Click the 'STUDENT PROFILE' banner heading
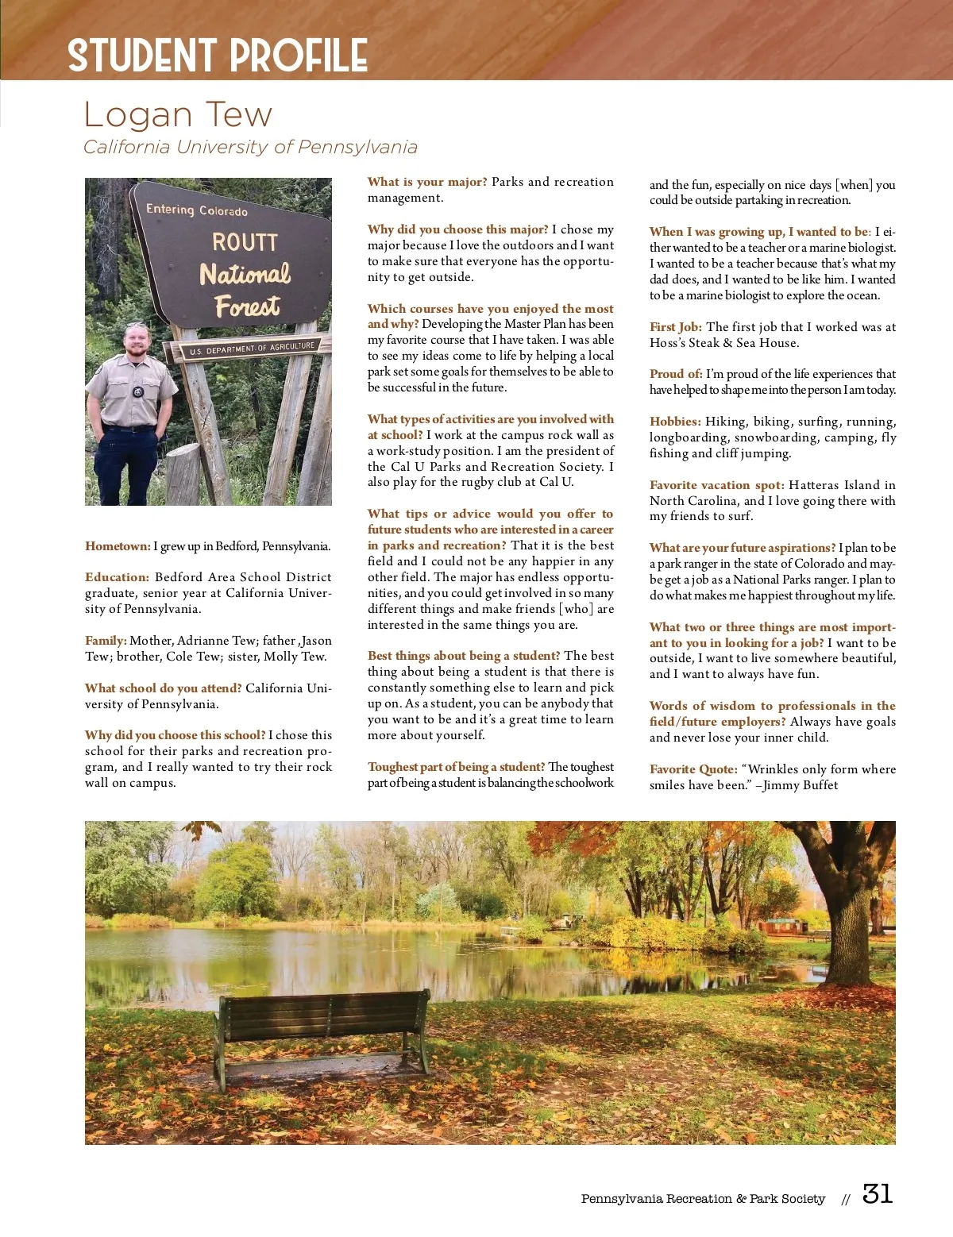point(218,56)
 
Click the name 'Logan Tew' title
point(178,115)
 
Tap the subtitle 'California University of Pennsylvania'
point(250,147)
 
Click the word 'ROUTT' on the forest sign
point(245,242)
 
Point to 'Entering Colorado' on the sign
point(197,210)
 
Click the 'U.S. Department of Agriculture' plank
point(252,349)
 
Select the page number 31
point(878,1194)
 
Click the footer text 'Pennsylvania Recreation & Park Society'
point(703,1199)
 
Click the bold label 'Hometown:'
point(118,546)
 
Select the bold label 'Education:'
point(117,577)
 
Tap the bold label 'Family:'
point(106,641)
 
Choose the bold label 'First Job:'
point(676,327)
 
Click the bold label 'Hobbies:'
point(675,422)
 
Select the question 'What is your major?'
point(427,182)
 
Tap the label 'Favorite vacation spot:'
point(716,485)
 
